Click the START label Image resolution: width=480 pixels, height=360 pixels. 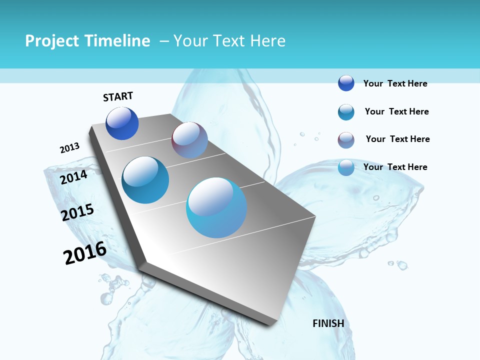(x=118, y=96)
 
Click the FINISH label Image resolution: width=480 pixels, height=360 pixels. (x=328, y=323)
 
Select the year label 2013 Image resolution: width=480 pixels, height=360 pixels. (x=69, y=148)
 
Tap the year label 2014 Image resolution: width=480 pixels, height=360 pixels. (x=74, y=177)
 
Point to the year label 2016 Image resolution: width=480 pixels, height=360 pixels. (x=85, y=253)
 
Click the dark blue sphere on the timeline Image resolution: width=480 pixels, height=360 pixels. (x=122, y=123)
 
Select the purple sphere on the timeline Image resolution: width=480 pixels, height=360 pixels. (x=189, y=140)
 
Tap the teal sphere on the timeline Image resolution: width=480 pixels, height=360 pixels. (x=145, y=180)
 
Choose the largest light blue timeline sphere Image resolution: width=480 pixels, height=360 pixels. (x=216, y=207)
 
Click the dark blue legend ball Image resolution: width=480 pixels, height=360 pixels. (x=346, y=83)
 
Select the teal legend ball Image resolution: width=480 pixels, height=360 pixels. (x=346, y=112)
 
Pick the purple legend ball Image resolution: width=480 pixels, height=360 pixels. (x=346, y=140)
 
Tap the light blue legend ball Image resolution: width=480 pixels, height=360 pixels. (x=346, y=167)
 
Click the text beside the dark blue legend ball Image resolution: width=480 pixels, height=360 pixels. (x=395, y=83)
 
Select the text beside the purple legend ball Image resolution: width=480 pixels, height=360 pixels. (x=397, y=139)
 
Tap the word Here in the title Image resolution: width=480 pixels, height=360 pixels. (x=267, y=41)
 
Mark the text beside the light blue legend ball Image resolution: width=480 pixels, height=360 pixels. (x=395, y=167)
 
